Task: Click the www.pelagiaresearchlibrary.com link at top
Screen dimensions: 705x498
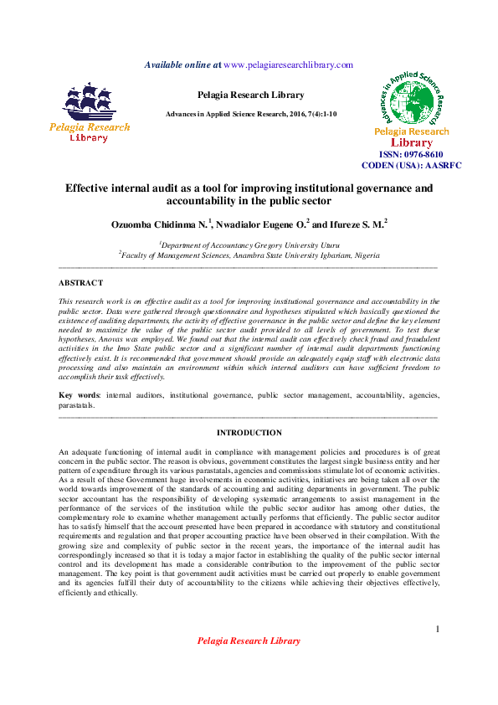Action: pyautogui.click(x=289, y=65)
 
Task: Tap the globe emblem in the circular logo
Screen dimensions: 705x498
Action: pyautogui.click(x=411, y=101)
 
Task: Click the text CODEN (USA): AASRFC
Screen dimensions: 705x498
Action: pyautogui.click(x=411, y=166)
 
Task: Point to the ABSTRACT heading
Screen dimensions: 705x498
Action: pyautogui.click(x=81, y=283)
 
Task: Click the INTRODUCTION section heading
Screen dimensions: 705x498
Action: pyautogui.click(x=249, y=433)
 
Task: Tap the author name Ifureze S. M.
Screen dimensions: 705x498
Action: pyautogui.click(x=352, y=224)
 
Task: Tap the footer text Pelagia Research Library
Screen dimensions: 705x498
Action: pyautogui.click(x=249, y=641)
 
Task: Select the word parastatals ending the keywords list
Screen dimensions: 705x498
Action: pyautogui.click(x=75, y=404)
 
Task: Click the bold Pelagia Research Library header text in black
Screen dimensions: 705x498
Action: pyautogui.click(x=250, y=95)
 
